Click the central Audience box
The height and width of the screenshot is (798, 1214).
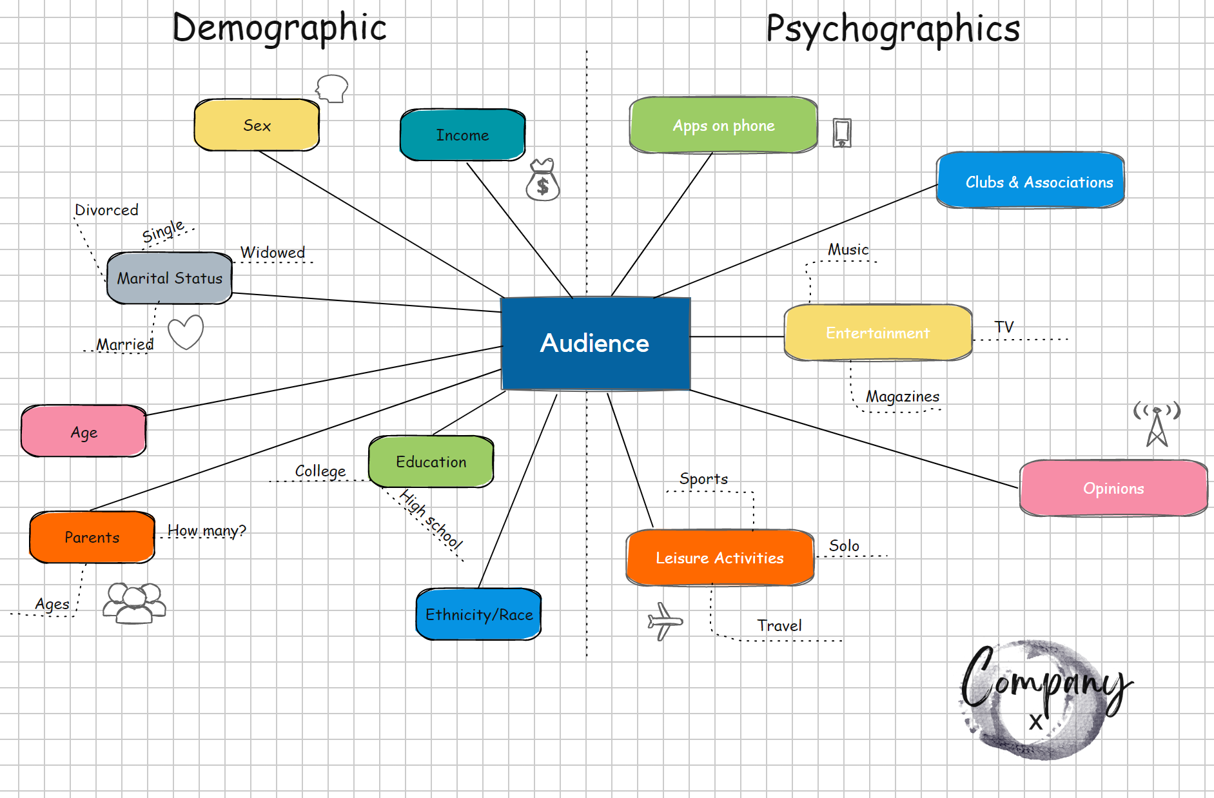(595, 344)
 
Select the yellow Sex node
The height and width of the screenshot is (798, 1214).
(257, 125)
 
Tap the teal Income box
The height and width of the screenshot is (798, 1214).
(462, 135)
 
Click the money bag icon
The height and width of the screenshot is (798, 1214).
(543, 180)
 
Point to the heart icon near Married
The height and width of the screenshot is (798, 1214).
(186, 332)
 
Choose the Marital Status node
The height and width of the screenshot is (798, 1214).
(170, 278)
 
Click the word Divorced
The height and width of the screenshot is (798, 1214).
(106, 210)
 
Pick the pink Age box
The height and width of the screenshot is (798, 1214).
(84, 431)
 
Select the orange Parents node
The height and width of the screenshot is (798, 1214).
(92, 537)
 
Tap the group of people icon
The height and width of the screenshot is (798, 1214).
(134, 603)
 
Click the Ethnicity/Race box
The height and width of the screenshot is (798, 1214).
(478, 614)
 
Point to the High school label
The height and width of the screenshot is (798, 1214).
(431, 520)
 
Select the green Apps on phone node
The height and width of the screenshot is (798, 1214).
(723, 125)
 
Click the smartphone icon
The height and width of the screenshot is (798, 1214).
(841, 133)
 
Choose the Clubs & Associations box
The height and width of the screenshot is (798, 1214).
(1030, 181)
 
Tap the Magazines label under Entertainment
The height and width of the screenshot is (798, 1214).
(902, 396)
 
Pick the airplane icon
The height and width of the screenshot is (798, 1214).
(664, 621)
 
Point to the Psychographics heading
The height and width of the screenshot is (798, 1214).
(893, 29)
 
